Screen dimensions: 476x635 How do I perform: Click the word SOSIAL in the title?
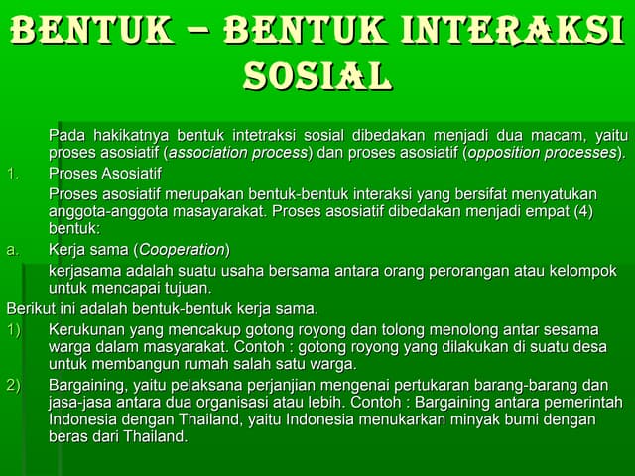[317, 75]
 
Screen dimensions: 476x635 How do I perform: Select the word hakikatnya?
[129, 135]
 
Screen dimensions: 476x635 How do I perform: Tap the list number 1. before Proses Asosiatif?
[13, 174]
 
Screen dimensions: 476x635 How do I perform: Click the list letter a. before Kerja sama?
[13, 249]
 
